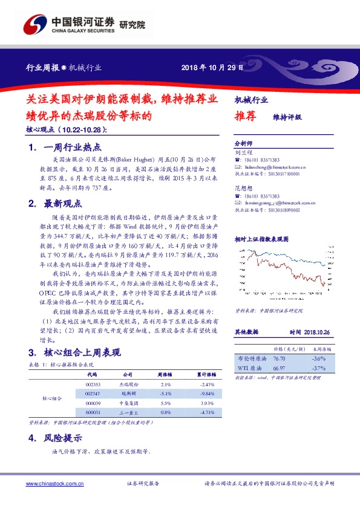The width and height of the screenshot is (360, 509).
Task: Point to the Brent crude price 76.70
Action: (x=279, y=358)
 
